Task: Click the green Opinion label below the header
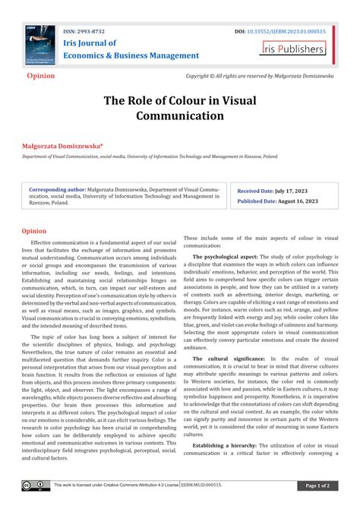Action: tap(41, 77)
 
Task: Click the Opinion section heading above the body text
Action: tap(33, 230)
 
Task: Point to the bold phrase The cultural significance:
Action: tap(229, 358)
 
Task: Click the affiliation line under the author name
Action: tap(150, 156)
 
